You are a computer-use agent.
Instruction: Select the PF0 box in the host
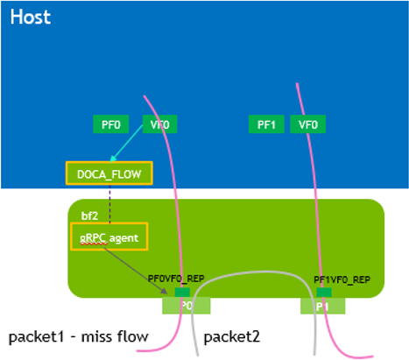coord(110,125)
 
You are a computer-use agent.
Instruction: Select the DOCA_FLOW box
coord(109,173)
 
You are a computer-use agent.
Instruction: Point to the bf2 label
coord(89,215)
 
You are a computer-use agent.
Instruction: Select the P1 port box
coord(322,306)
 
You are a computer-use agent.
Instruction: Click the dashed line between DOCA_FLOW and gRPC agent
coord(109,203)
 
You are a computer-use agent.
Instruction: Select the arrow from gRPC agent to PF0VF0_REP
coord(140,264)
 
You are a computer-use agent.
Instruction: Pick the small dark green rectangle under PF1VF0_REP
coord(323,292)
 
